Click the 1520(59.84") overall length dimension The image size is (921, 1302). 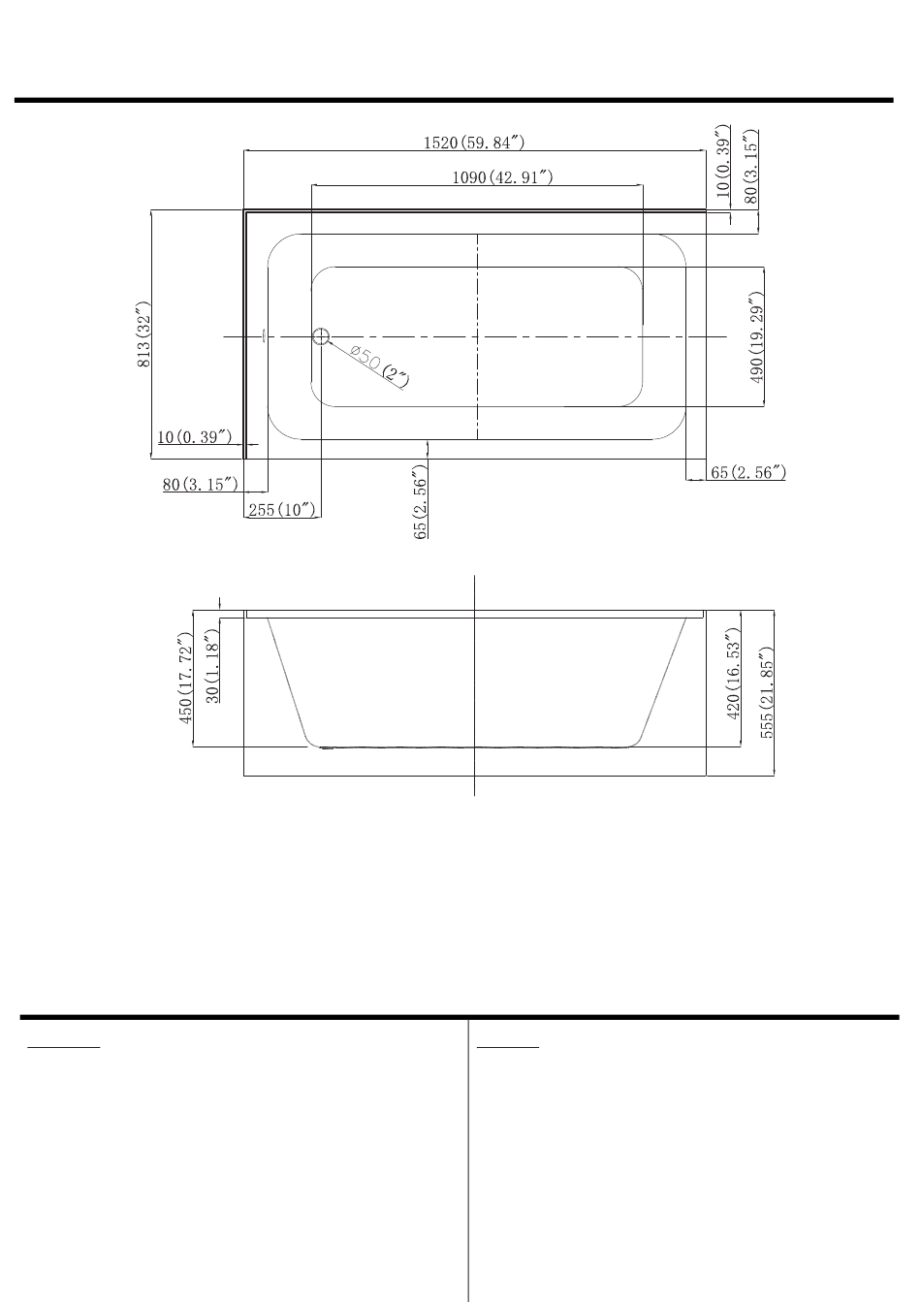pyautogui.click(x=473, y=143)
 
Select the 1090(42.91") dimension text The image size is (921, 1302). pyautogui.click(x=502, y=177)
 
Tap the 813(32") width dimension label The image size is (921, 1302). pyautogui.click(x=143, y=334)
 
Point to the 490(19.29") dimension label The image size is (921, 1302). pyautogui.click(x=756, y=337)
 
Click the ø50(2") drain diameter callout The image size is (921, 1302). pyautogui.click(x=379, y=365)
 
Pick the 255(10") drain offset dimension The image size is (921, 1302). pyautogui.click(x=282, y=510)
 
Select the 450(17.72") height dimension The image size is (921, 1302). pyautogui.click(x=185, y=678)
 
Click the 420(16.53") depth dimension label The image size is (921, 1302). pyautogui.click(x=733, y=674)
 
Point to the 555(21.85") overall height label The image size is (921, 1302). pyautogui.click(x=767, y=692)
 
